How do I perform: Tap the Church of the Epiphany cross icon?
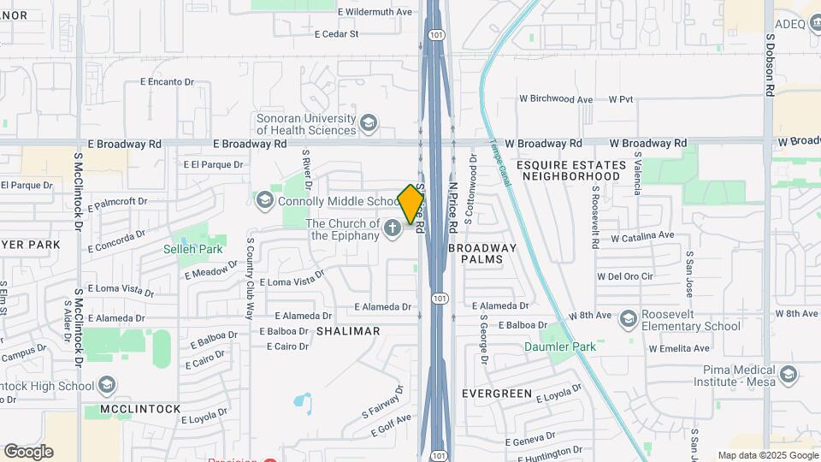[393, 228]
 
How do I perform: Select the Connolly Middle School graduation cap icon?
[264, 200]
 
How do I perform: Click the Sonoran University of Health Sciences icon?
[369, 123]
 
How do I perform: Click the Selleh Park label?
[193, 249]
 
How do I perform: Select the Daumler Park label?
[559, 346]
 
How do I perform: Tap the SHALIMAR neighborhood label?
[348, 330]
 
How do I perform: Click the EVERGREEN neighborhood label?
[497, 393]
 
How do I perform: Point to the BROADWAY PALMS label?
[483, 252]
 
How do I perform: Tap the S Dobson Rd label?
[770, 64]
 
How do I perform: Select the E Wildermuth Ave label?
[375, 12]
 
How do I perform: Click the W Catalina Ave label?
[642, 235]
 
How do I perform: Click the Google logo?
[28, 452]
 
